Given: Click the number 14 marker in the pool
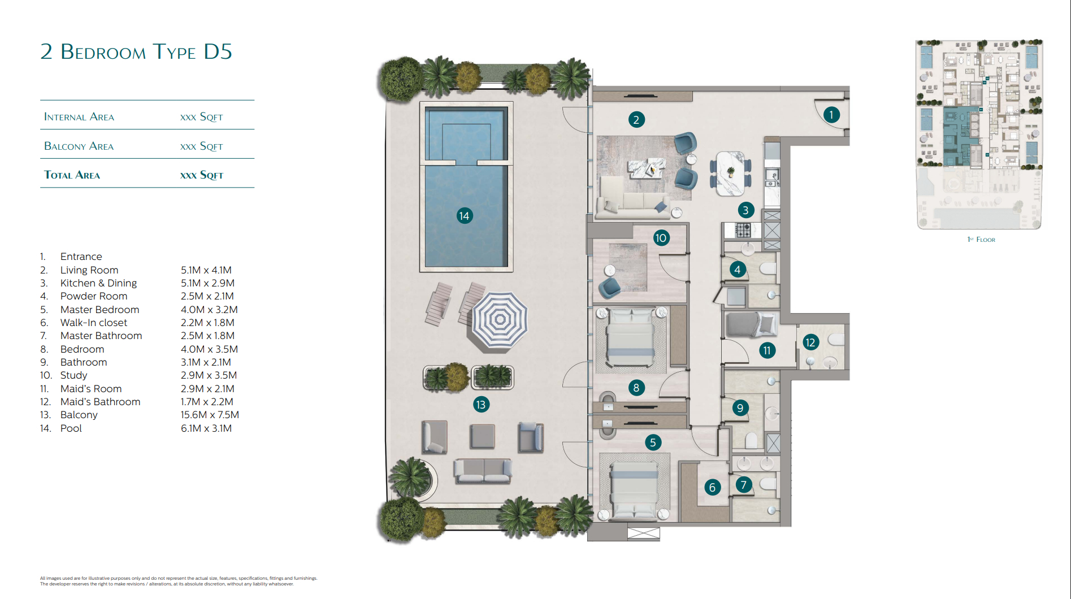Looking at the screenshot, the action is pos(465,215).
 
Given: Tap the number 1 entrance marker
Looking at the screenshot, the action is pos(831,115).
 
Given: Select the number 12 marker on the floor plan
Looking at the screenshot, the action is pos(810,342).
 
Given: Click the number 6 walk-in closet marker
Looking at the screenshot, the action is pos(712,487).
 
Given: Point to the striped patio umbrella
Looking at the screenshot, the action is pos(500,320).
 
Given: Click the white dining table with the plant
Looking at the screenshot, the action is pos(730,173).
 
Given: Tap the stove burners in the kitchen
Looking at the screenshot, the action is pos(743,230).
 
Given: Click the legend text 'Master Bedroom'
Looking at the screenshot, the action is pos(99,310).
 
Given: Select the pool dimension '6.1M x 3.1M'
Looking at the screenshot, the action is pos(206,428).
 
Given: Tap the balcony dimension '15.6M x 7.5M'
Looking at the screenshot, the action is pos(210,415).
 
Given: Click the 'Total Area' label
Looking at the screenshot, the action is pos(72,175).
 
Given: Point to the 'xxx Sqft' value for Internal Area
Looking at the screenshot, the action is pos(202,117).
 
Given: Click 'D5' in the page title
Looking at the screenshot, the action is pos(218,51).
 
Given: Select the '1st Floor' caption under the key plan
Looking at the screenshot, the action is pos(981,240).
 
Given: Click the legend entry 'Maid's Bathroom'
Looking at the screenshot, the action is pos(100,402).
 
